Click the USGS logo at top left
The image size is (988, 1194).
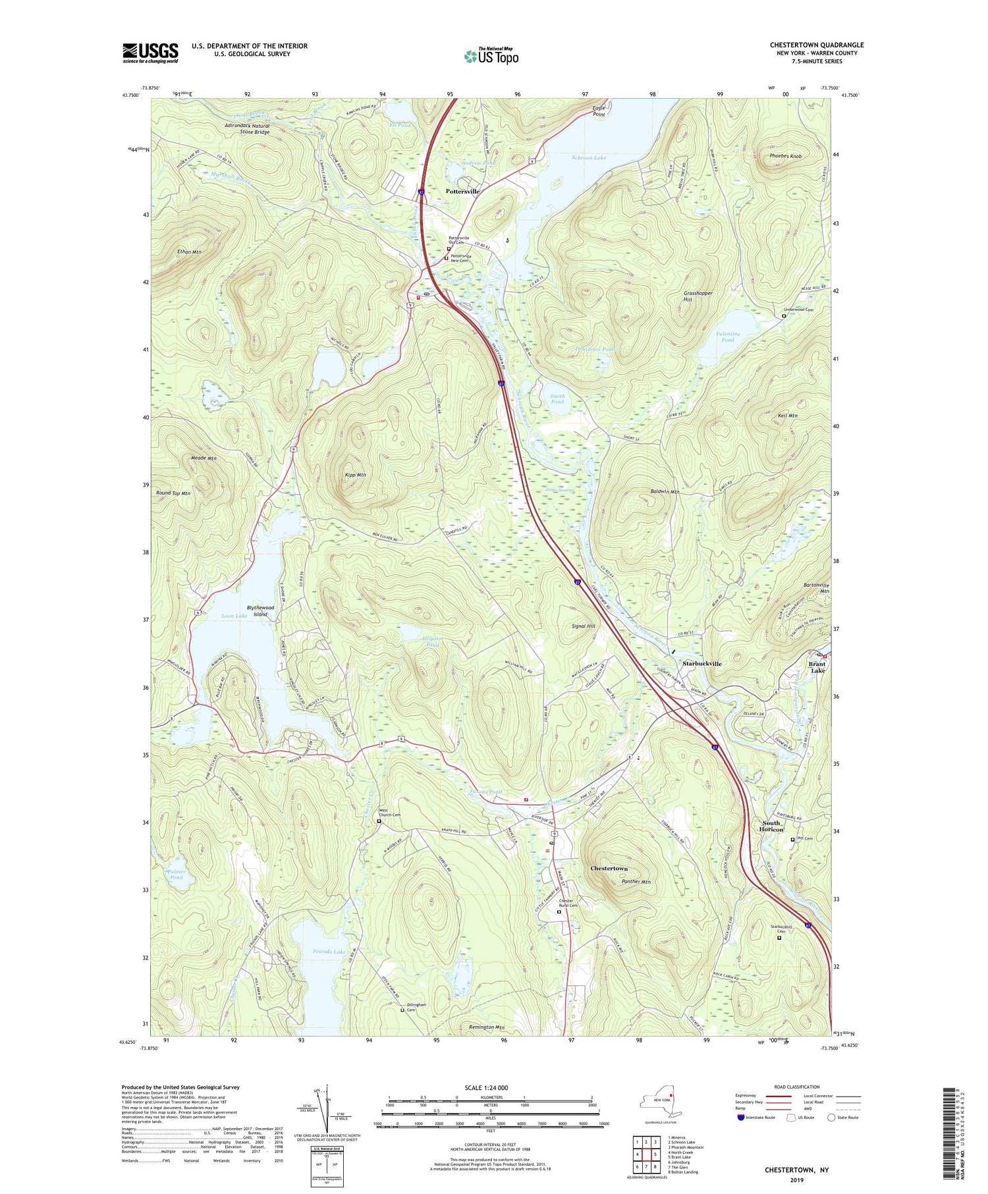pyautogui.click(x=150, y=53)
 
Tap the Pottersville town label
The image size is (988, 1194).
pyautogui.click(x=462, y=191)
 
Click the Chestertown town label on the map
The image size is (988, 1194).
pyautogui.click(x=609, y=869)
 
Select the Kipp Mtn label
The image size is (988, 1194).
pyautogui.click(x=355, y=474)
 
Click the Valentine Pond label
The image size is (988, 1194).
pyautogui.click(x=728, y=337)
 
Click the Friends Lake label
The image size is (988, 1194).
pyautogui.click(x=329, y=952)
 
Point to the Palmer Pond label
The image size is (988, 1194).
pyautogui.click(x=176, y=874)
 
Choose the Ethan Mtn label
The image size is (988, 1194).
pyautogui.click(x=188, y=252)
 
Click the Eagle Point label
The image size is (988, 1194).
pyautogui.click(x=598, y=111)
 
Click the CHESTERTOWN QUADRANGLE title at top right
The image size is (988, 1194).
pyautogui.click(x=816, y=45)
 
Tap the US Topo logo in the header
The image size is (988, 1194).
pyautogui.click(x=491, y=56)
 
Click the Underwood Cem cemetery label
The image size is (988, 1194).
pyautogui.click(x=798, y=310)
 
